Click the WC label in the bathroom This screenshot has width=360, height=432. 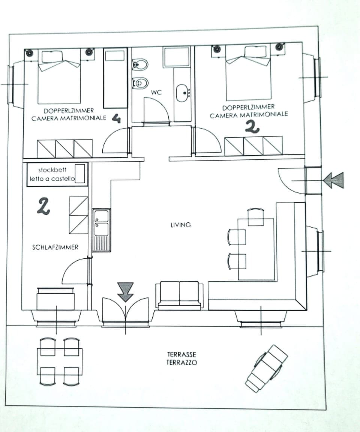click(x=156, y=92)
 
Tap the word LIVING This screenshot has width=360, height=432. click(x=180, y=225)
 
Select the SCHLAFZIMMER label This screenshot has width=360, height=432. click(x=55, y=247)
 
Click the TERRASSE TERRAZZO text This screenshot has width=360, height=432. click(x=182, y=358)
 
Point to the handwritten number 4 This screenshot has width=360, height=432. click(x=116, y=119)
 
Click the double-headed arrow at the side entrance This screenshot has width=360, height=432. click(x=333, y=180)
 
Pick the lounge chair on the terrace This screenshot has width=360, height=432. click(x=267, y=368)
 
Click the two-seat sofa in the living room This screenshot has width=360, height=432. click(x=180, y=295)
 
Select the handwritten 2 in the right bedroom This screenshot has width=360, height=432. click(x=252, y=127)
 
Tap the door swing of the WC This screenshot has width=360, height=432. click(x=157, y=110)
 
